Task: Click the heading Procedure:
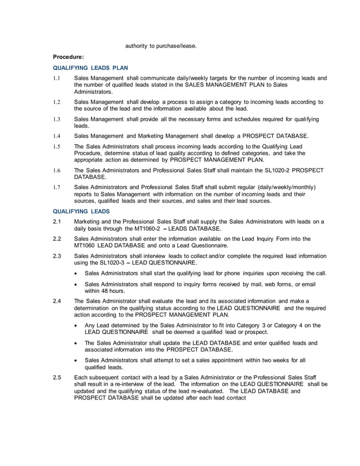pyautogui.click(x=68, y=56)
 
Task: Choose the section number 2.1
pyautogui.click(x=57, y=222)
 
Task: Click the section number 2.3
pyautogui.click(x=57, y=256)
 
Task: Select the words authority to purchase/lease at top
pyautogui.click(x=161, y=46)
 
